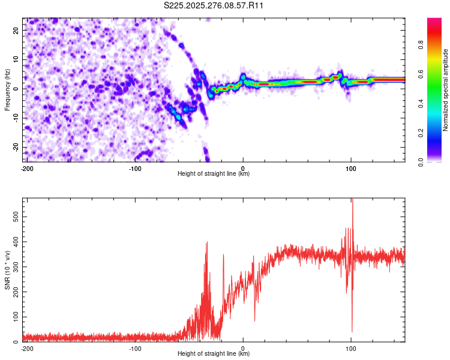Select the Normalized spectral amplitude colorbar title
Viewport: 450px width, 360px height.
pyautogui.click(x=446, y=90)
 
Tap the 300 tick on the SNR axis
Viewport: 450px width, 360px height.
pyautogui.click(x=14, y=265)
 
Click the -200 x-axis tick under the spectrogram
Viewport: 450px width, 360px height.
pyautogui.click(x=27, y=168)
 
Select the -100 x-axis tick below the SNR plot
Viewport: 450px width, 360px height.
pyautogui.click(x=135, y=348)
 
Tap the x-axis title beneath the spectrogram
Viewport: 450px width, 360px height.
pyautogui.click(x=214, y=174)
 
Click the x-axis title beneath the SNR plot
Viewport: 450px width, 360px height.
pyautogui.click(x=214, y=354)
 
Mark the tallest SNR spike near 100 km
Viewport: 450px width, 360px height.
pyautogui.click(x=352, y=200)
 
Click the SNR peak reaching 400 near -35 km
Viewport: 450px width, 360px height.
pyautogui.click(x=206, y=242)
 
